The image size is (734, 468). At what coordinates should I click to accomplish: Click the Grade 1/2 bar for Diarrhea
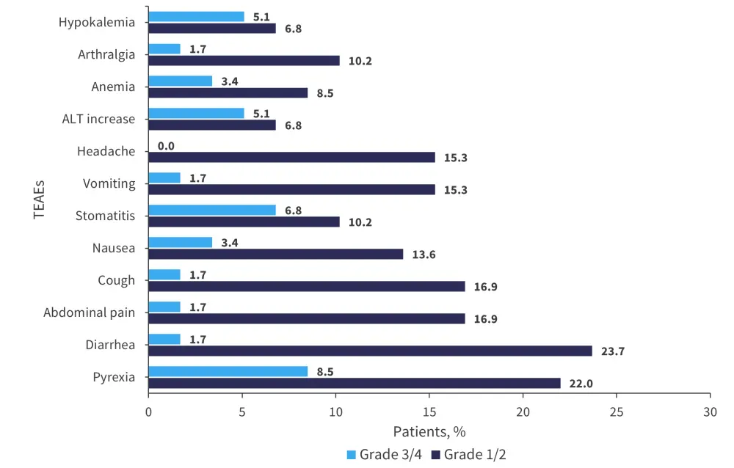pos(370,351)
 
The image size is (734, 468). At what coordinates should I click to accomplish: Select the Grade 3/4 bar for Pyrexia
pos(228,371)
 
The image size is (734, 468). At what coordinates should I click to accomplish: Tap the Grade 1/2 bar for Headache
pos(291,157)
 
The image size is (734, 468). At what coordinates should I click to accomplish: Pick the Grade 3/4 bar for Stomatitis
pos(212,210)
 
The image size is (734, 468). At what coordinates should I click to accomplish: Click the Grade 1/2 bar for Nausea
pos(275,254)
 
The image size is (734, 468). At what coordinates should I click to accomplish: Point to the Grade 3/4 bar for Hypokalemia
pos(196,16)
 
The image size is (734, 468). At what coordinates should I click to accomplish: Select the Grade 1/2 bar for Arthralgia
pos(244,60)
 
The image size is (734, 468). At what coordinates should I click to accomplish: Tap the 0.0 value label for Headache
pos(166,146)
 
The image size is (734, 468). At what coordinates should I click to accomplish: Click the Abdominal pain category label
pos(89,312)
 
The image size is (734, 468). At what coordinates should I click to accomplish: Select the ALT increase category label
pos(98,119)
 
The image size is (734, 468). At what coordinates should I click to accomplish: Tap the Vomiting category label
pos(109,183)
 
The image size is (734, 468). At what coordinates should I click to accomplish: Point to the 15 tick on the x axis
pos(429,412)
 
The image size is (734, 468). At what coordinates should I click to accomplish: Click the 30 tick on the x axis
pos(710,412)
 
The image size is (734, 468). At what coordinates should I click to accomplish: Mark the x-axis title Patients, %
pos(429,431)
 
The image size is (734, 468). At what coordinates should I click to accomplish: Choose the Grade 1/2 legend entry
pos(470,454)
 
